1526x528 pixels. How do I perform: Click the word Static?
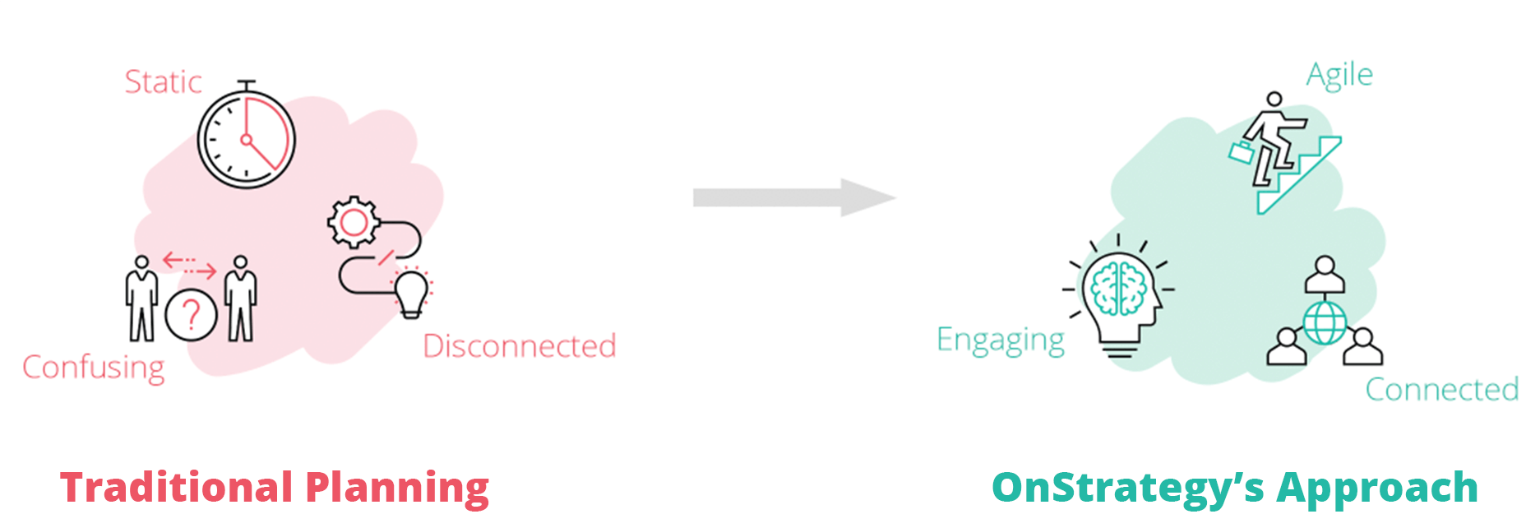click(x=163, y=82)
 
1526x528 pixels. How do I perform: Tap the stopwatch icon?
click(x=246, y=136)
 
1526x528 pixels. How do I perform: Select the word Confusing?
click(x=93, y=368)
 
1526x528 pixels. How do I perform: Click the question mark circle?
click(x=191, y=315)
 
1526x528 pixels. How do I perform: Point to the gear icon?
click(x=354, y=222)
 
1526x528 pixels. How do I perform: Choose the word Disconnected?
click(x=520, y=346)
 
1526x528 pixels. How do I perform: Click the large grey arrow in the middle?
click(x=793, y=197)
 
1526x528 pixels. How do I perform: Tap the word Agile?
click(x=1339, y=76)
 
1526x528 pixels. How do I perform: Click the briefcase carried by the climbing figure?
click(x=1241, y=152)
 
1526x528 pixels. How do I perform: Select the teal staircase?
click(x=1299, y=175)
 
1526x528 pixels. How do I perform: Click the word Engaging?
click(x=1001, y=340)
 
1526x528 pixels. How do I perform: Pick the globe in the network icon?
click(x=1325, y=322)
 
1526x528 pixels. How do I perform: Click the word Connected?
click(x=1442, y=389)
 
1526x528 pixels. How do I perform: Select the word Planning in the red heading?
click(x=397, y=489)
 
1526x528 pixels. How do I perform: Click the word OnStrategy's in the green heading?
click(x=1128, y=489)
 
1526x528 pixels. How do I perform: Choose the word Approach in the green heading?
click(x=1377, y=489)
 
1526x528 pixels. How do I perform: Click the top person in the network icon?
click(x=1325, y=275)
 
